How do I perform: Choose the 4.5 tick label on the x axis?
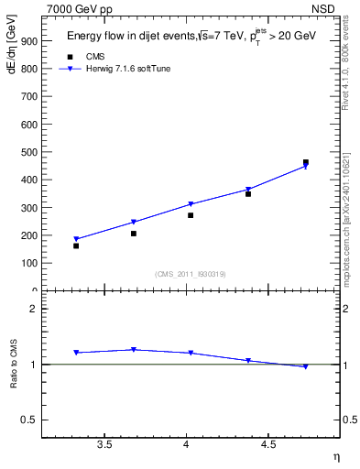click(x=267, y=444)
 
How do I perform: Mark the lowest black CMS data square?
click(x=76, y=245)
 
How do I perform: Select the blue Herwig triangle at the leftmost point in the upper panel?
click(x=76, y=239)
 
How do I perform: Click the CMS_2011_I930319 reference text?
click(x=191, y=273)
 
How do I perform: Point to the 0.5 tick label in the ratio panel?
click(x=28, y=420)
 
